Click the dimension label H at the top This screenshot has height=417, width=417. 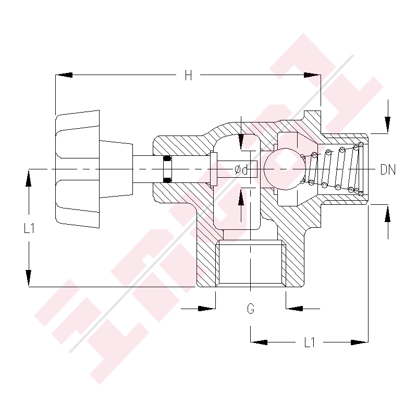point(188,76)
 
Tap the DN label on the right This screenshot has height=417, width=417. point(388,169)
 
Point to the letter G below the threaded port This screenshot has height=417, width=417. point(251,309)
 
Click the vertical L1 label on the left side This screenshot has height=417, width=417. point(29,228)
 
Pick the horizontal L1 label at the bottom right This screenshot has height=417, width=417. point(310,342)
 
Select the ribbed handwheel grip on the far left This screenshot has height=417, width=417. point(77,169)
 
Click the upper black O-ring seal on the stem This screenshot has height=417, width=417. point(167,158)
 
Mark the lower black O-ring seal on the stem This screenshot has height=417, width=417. point(167,180)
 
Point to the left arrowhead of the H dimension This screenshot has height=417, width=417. point(64,76)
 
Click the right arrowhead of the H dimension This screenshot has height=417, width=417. point(313,76)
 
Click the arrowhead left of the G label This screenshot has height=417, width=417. point(207,309)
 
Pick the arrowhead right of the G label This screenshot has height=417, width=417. point(294,309)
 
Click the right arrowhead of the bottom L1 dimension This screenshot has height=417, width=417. point(360,342)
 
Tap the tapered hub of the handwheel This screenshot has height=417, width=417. point(116,169)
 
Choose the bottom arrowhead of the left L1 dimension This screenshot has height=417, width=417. point(29,278)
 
